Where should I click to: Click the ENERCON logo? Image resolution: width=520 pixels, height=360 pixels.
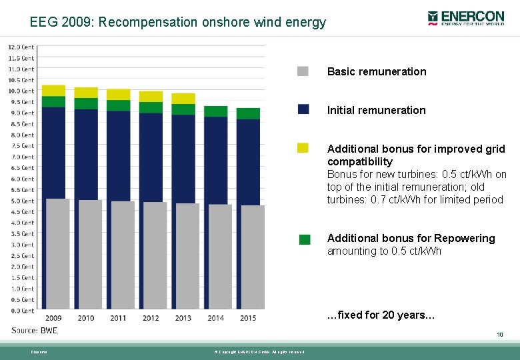click(467, 18)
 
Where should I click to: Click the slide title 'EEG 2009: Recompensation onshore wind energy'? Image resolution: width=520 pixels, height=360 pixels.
click(178, 22)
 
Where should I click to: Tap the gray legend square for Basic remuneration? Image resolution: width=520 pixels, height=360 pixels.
click(303, 71)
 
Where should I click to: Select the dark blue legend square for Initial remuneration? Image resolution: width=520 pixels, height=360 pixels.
click(303, 109)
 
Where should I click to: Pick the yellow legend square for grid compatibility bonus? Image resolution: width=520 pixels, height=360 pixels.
click(303, 148)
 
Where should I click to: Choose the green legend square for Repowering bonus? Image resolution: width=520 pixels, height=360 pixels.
click(305, 239)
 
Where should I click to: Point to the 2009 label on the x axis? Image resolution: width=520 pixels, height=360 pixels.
click(53, 318)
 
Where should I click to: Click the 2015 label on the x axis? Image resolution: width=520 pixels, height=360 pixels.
click(248, 318)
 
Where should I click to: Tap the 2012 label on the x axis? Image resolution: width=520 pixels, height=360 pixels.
click(151, 318)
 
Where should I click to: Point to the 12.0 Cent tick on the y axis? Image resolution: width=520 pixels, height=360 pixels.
click(21, 47)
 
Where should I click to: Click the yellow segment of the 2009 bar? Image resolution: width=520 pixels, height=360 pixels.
click(53, 91)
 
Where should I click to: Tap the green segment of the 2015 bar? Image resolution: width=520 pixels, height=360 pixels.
click(248, 113)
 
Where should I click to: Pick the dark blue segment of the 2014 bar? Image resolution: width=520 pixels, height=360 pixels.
click(215, 160)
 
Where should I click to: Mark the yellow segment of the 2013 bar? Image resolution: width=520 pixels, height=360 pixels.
click(183, 99)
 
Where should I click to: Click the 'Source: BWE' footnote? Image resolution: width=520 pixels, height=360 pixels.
click(35, 330)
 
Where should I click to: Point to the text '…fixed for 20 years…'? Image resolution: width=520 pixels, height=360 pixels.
click(381, 315)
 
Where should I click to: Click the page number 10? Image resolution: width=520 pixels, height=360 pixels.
click(499, 335)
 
